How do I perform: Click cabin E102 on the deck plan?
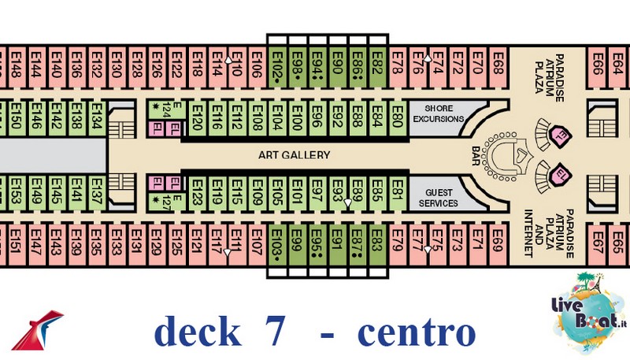(x=277, y=61)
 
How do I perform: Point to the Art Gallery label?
(x=294, y=155)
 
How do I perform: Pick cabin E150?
(x=16, y=120)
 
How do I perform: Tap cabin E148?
(x=16, y=61)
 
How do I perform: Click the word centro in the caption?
(x=417, y=332)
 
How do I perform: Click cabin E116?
(x=217, y=120)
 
